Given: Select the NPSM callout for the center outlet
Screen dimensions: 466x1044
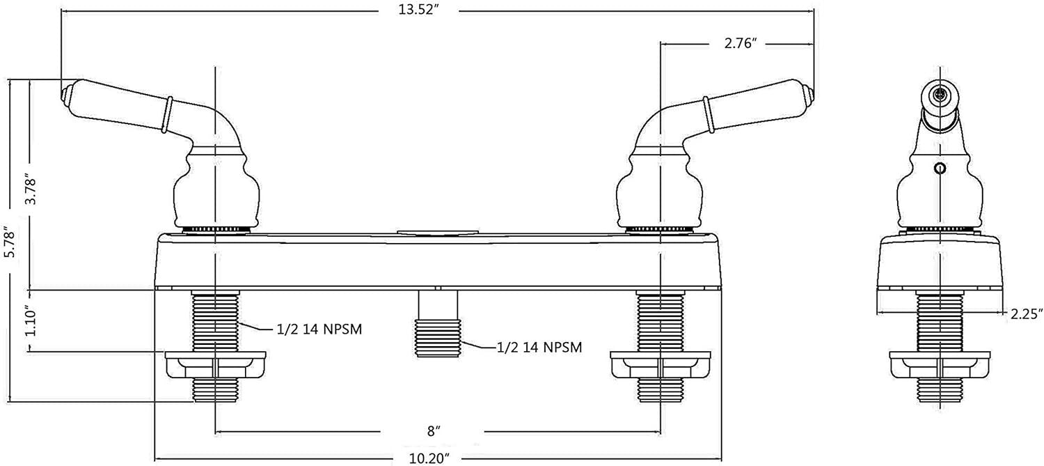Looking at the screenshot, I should (x=539, y=345).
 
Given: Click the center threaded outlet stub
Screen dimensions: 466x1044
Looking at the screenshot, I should (x=438, y=337).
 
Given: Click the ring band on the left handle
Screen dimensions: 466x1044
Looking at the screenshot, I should (x=167, y=114).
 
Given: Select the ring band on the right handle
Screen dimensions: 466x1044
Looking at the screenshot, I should (x=708, y=114).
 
